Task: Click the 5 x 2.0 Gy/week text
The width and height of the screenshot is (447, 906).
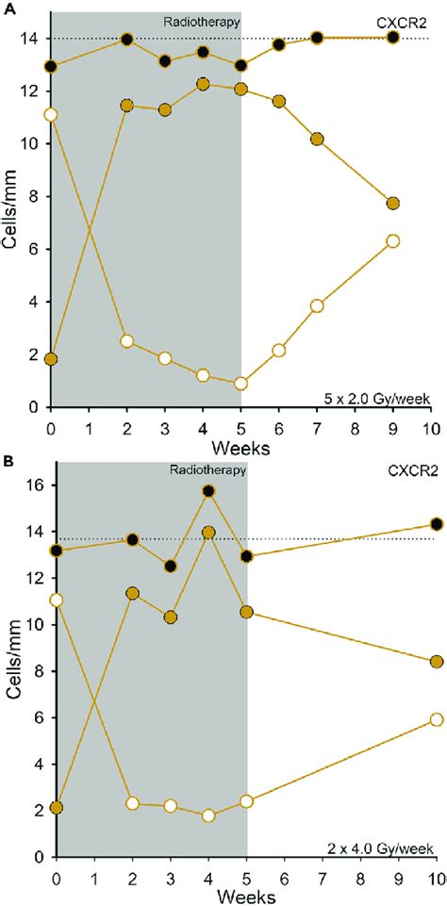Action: (x=382, y=399)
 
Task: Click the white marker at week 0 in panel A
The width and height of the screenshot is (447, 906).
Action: (x=51, y=114)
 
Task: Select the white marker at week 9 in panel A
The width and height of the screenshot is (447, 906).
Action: (x=393, y=240)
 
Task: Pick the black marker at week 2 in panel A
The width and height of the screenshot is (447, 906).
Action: (x=127, y=40)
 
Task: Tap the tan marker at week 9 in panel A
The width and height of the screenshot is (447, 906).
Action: (x=393, y=203)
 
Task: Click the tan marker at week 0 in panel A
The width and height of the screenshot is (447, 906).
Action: (x=51, y=359)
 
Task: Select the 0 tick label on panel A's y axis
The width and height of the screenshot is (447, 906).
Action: (x=35, y=406)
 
